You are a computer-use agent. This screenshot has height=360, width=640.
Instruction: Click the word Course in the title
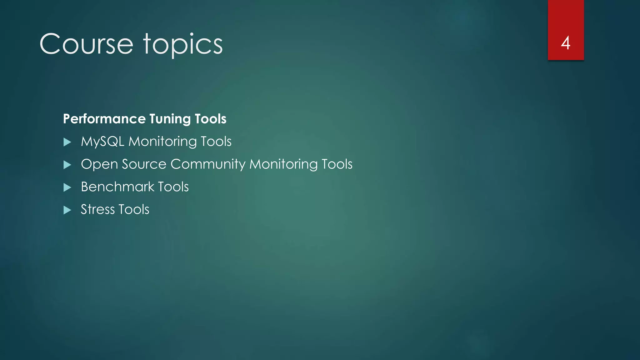(86, 44)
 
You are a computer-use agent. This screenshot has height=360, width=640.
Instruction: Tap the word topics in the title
(183, 45)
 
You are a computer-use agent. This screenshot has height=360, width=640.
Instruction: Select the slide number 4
(566, 43)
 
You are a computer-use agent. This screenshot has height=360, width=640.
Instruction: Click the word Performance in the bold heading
(104, 119)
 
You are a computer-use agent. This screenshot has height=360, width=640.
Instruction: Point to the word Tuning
(170, 119)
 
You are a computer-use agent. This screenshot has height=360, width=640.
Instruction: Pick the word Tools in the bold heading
(210, 119)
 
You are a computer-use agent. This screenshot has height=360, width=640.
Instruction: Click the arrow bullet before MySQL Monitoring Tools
(67, 142)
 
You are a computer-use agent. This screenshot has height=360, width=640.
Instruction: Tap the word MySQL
(102, 142)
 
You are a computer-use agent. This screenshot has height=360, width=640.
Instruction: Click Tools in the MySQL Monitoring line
(216, 141)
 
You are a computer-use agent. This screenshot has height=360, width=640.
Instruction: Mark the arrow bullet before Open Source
(67, 165)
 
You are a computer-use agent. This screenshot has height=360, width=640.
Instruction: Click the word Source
(144, 164)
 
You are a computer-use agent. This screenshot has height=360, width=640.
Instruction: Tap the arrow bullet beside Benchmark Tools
(67, 187)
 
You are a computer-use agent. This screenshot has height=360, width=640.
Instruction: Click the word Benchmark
(117, 187)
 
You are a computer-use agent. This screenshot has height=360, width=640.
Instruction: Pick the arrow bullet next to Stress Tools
(67, 210)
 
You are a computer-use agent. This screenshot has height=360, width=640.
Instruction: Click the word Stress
(97, 209)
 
